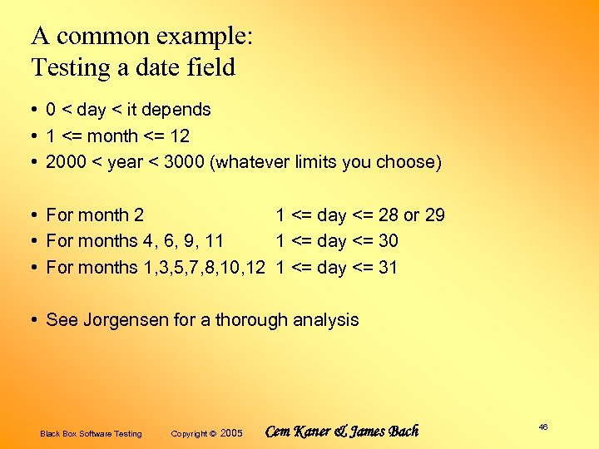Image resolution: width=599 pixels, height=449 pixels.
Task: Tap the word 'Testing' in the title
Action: tap(71, 67)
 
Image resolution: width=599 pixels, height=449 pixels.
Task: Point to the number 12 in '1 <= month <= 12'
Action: tap(179, 136)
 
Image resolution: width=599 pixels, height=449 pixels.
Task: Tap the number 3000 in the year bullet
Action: tap(186, 162)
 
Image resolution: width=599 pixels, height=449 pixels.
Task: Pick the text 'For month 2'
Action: tap(95, 215)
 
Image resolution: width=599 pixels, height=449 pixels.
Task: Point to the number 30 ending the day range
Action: tap(388, 241)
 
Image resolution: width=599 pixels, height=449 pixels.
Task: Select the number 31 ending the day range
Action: tap(388, 268)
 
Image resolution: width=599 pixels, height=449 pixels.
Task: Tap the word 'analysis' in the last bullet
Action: tap(325, 320)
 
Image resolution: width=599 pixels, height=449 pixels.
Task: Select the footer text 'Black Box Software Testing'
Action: tap(91, 433)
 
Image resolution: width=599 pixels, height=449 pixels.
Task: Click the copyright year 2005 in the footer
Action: tap(231, 433)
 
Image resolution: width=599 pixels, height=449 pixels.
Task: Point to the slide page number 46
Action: tap(543, 427)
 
